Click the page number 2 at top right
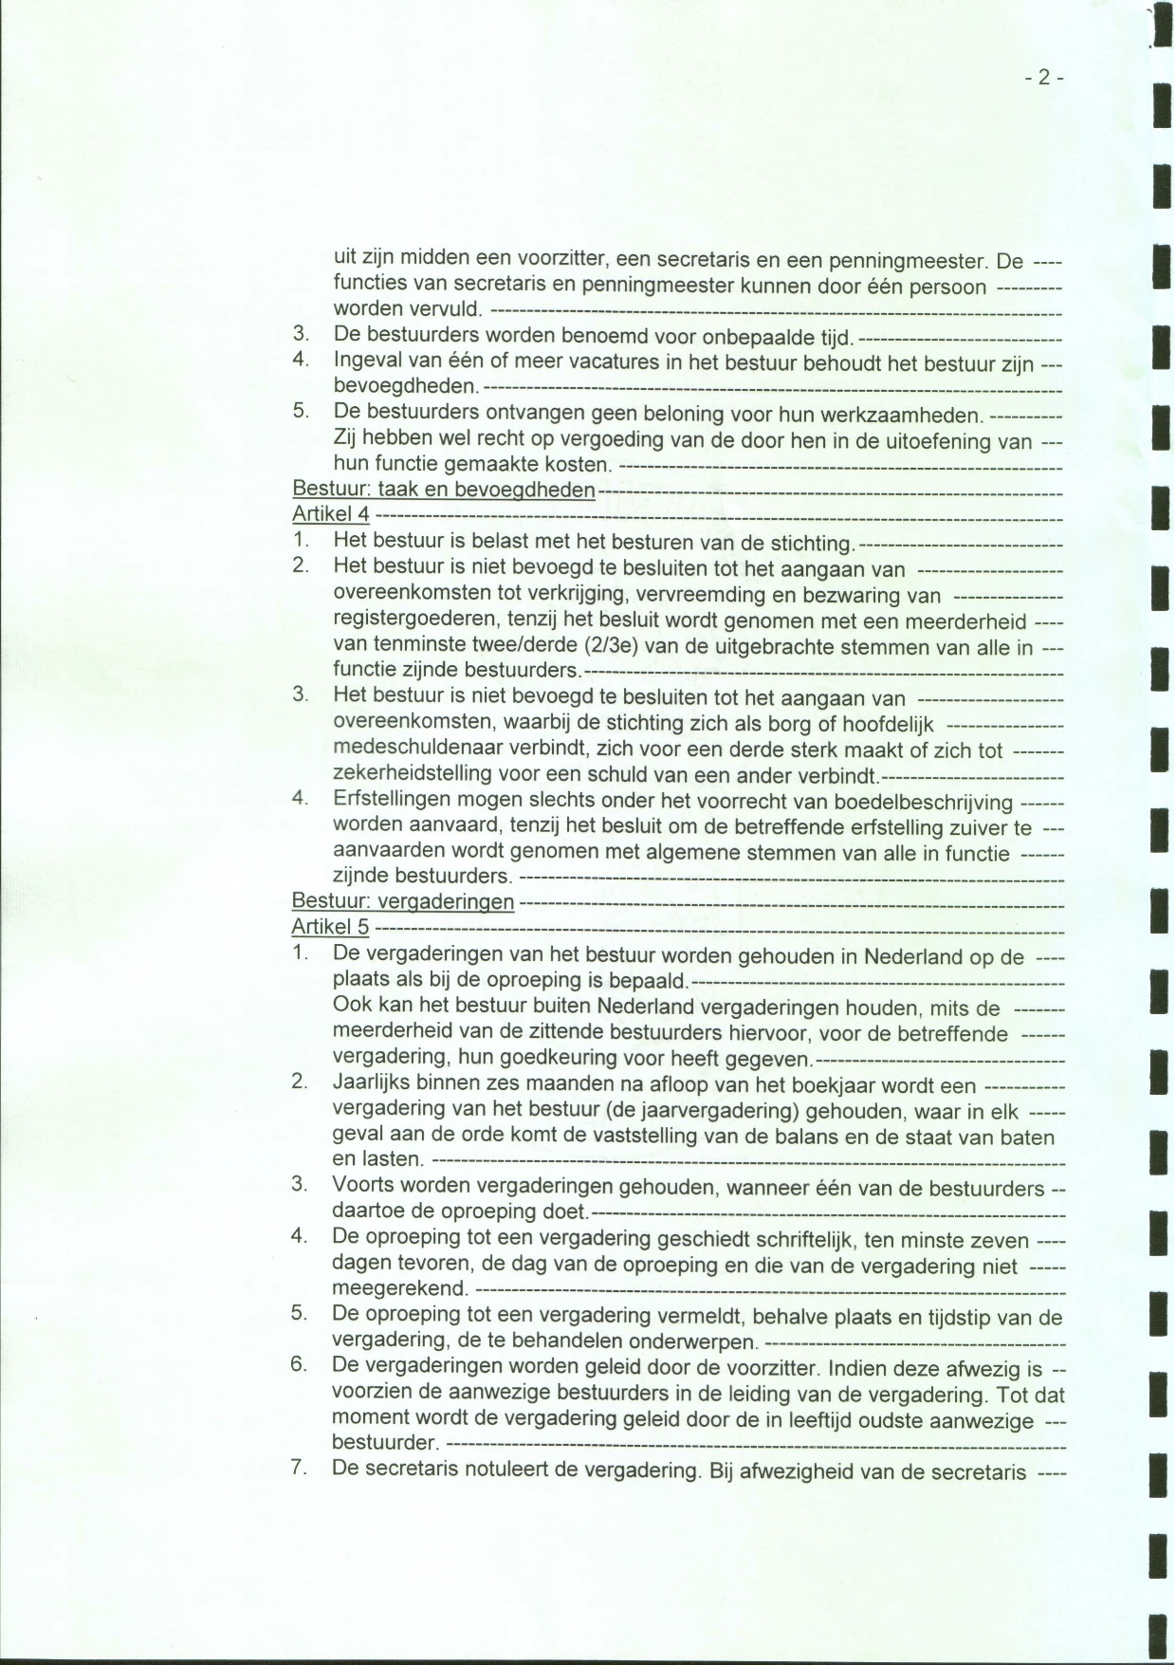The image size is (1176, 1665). coord(1044,79)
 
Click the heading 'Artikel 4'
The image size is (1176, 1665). coord(331,515)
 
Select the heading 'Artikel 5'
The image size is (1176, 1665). coord(331,927)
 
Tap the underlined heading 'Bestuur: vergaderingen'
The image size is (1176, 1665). coord(403,901)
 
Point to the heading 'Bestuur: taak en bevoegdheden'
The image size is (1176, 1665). coord(444,490)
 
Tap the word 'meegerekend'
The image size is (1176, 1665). coord(399,1290)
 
